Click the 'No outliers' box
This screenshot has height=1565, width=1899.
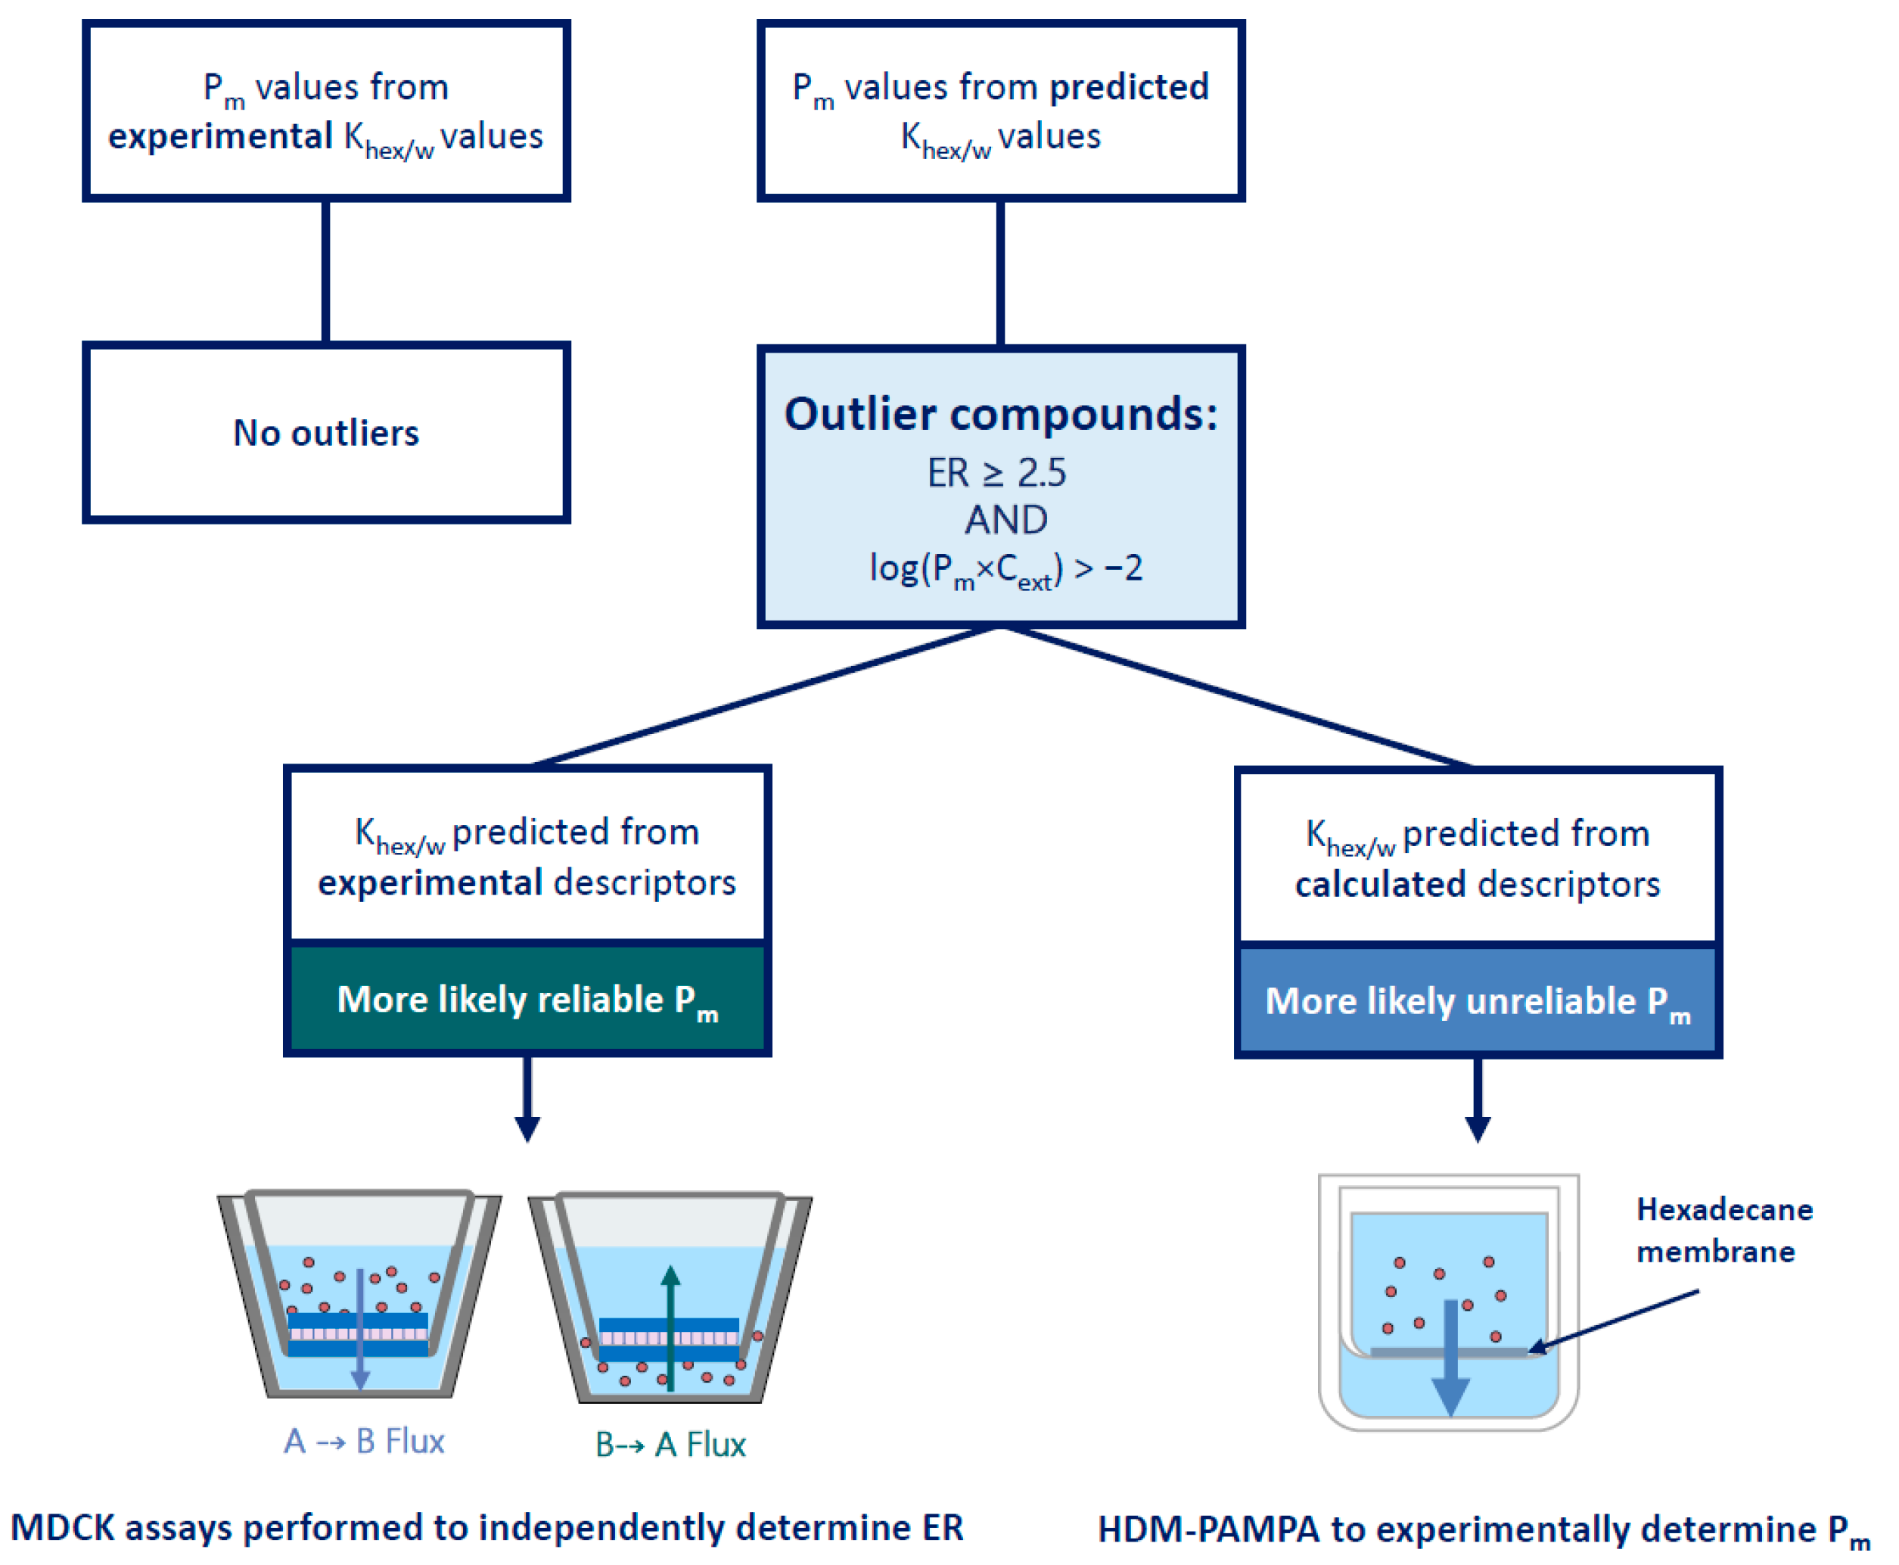coord(325,432)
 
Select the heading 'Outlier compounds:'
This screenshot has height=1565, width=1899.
coord(999,414)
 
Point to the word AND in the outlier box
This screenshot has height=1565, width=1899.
coord(1005,519)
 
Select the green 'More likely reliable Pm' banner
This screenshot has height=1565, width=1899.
coord(527,999)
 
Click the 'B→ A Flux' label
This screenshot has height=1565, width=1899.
coord(670,1444)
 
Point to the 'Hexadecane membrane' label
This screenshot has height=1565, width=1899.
coord(1723,1230)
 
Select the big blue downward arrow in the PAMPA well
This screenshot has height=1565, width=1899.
coord(1450,1357)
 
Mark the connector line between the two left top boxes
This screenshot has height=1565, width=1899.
coord(325,270)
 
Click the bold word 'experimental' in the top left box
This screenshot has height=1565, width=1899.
coord(220,137)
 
